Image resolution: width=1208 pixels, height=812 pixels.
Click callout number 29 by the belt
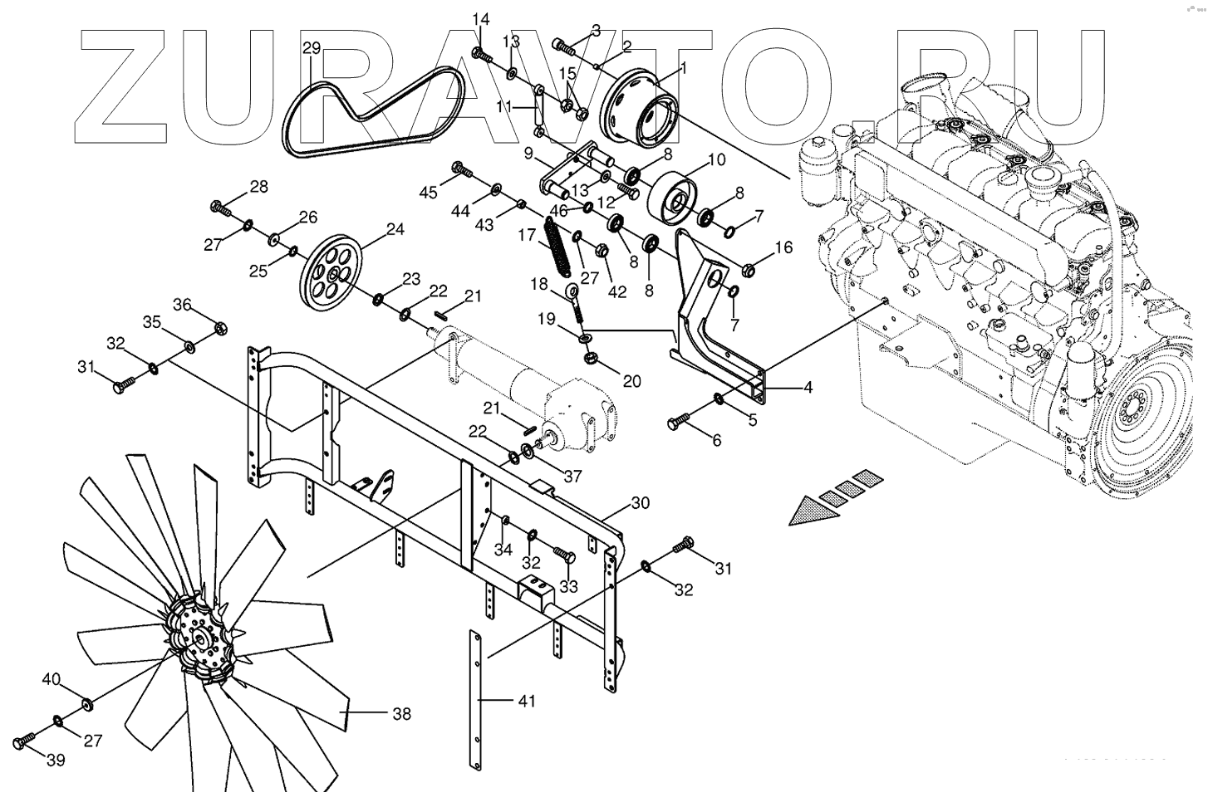(x=311, y=49)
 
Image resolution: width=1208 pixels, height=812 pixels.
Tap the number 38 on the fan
(x=401, y=713)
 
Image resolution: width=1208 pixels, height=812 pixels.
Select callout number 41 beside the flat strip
(x=526, y=702)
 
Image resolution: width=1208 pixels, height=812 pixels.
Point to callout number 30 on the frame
(x=641, y=503)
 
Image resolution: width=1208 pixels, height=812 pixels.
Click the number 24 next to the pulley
(x=395, y=228)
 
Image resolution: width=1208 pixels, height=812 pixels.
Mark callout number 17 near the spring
(x=527, y=235)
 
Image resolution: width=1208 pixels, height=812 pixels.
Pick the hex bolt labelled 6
(x=676, y=422)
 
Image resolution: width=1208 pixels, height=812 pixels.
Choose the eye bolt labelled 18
(x=576, y=301)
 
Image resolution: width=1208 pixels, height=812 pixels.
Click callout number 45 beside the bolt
(x=428, y=193)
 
